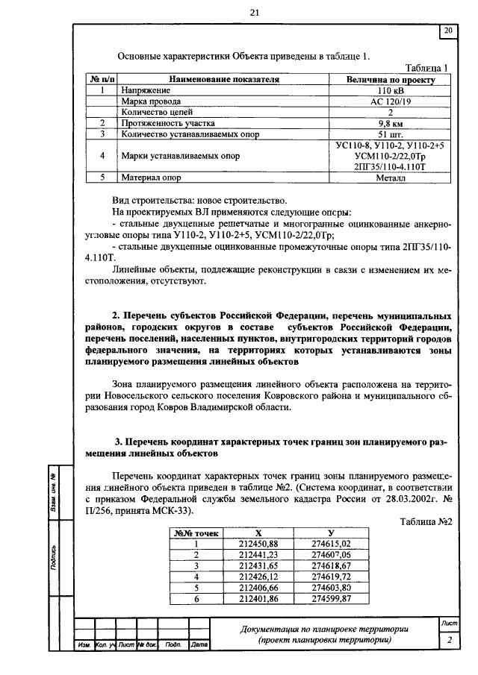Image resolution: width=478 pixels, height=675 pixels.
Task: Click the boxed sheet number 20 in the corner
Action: (x=448, y=31)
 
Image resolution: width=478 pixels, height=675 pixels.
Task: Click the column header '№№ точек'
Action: (x=196, y=533)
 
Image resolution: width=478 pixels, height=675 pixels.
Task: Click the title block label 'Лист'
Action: (x=449, y=622)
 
